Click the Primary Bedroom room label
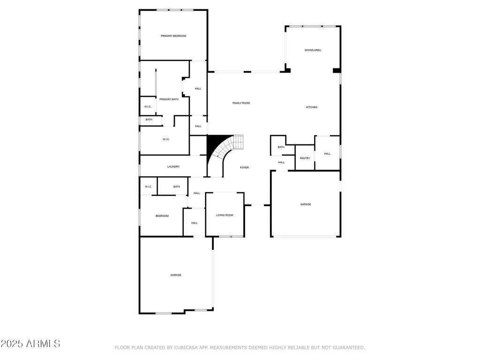coord(173,36)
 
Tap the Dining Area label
coord(313,50)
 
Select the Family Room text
coord(241,103)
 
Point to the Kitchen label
coord(312,107)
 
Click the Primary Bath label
coord(169,99)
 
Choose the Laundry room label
coord(173,167)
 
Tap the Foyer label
coord(244,168)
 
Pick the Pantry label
coord(305,158)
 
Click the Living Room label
coord(225,215)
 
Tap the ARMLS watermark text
coord(43,344)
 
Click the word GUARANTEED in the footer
coord(348,348)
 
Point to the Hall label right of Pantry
coord(327,154)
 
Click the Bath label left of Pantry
coord(281,147)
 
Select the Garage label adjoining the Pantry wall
coord(306,204)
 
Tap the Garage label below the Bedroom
coord(176,275)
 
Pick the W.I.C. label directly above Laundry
coord(166,140)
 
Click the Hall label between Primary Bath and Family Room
coord(198,89)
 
